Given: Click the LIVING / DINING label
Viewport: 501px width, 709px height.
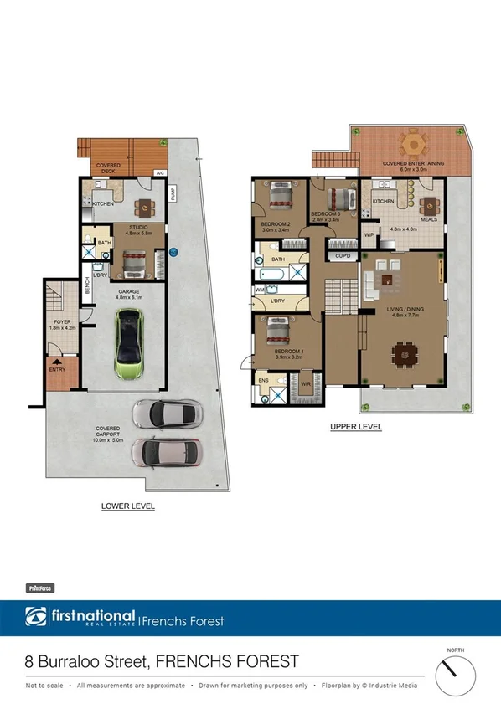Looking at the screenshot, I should tap(406, 311).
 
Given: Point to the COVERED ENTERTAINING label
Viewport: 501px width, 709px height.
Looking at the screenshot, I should tap(413, 163).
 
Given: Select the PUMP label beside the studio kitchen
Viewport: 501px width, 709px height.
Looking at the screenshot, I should tap(173, 194).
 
